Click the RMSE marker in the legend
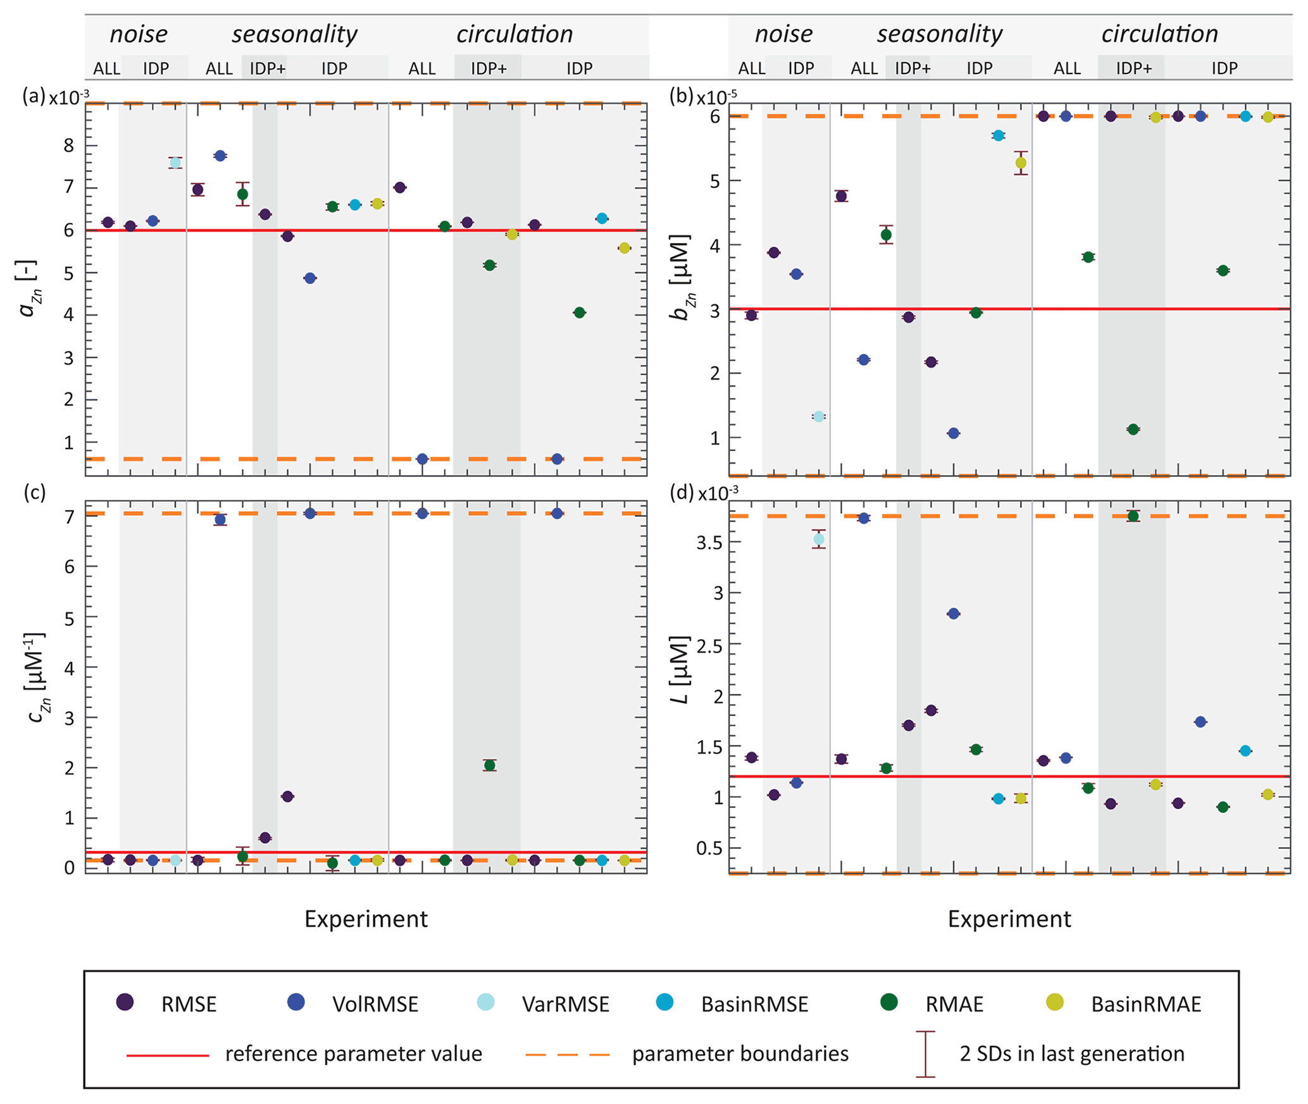coord(125,1002)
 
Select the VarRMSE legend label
coord(565,1004)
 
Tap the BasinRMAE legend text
coord(1145,1004)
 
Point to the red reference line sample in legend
coord(167,1055)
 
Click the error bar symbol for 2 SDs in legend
coord(925,1054)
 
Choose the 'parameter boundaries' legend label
coord(740,1054)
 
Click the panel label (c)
coord(34,492)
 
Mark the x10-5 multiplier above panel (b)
coord(716,97)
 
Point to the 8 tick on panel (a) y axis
coord(68,146)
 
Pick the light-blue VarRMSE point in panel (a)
coord(175,163)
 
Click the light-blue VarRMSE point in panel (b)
coord(819,416)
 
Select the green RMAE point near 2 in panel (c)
coord(489,765)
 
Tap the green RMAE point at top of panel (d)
coord(1133,516)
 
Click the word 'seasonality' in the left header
coord(294,34)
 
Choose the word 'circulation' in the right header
coord(1159,34)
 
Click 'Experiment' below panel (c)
coord(366,919)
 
